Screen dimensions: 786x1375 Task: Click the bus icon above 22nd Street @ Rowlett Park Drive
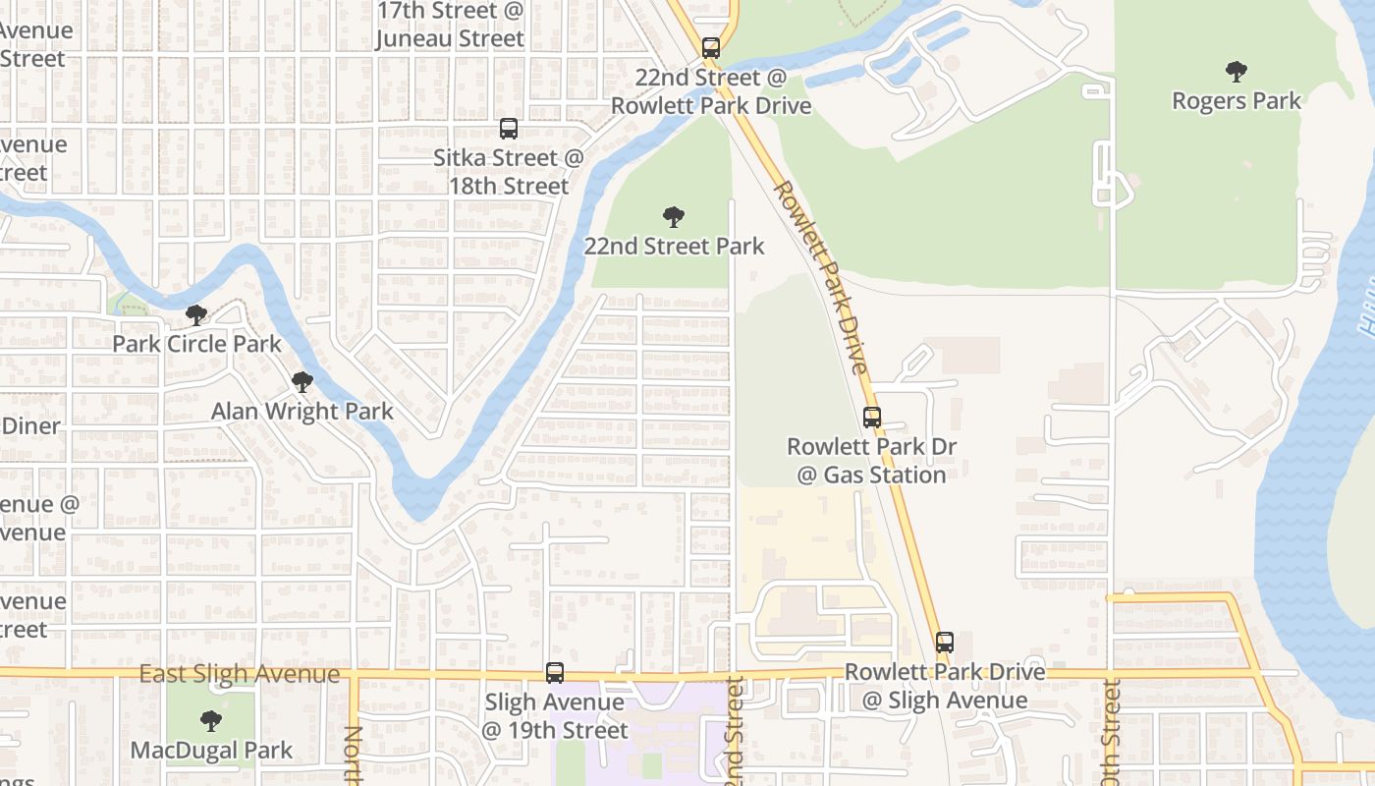click(x=710, y=47)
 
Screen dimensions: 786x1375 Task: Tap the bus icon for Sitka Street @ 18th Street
click(x=508, y=129)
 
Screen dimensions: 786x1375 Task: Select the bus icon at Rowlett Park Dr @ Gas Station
click(x=871, y=418)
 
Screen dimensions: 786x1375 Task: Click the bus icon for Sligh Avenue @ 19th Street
click(x=555, y=673)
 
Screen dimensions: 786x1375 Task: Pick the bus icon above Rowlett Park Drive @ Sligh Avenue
click(x=944, y=643)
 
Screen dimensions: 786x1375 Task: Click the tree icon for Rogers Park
click(x=1236, y=72)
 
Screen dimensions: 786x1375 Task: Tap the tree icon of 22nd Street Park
click(x=673, y=217)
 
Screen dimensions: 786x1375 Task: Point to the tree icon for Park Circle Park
click(x=196, y=315)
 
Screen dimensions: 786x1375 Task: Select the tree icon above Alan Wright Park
click(x=302, y=382)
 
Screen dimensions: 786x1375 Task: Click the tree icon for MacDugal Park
click(x=210, y=722)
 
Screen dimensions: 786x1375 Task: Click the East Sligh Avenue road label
click(x=239, y=675)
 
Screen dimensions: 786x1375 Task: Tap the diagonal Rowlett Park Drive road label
click(x=821, y=277)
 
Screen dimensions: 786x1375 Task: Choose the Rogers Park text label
click(x=1237, y=101)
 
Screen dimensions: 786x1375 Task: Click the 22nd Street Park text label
click(x=674, y=247)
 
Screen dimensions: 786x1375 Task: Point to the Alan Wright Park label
click(x=302, y=412)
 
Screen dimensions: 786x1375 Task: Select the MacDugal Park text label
click(x=211, y=752)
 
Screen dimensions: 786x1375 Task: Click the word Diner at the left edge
click(x=31, y=426)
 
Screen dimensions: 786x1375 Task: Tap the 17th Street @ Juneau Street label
click(x=451, y=26)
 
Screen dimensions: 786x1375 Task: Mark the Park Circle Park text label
click(x=196, y=345)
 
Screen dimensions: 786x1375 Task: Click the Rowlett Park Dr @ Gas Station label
click(x=871, y=461)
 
